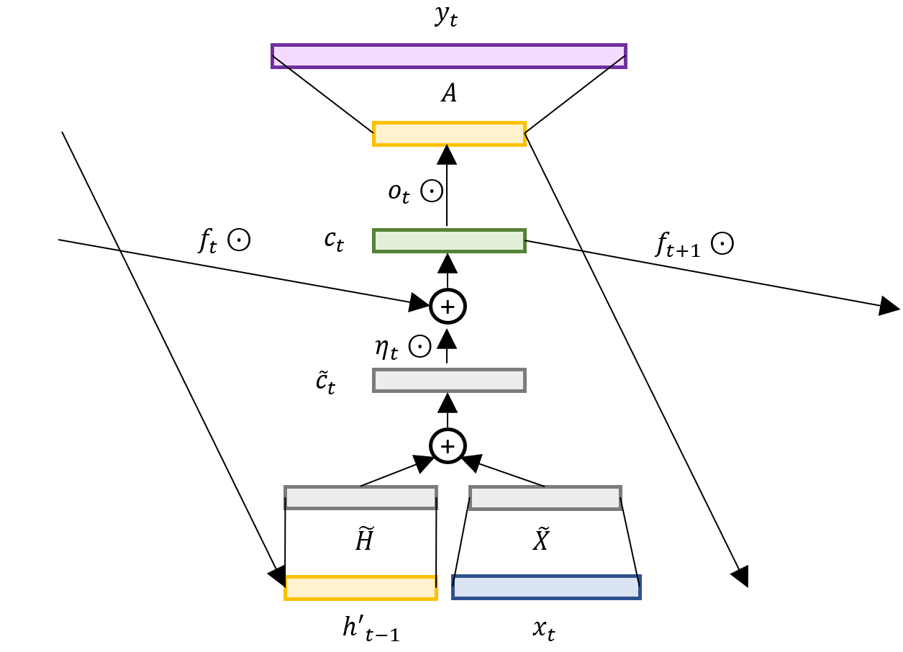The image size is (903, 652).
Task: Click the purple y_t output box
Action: click(448, 56)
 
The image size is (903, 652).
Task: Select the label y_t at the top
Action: click(446, 17)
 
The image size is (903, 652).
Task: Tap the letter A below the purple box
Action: click(448, 94)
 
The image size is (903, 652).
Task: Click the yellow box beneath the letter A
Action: click(449, 135)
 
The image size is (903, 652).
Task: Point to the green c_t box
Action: click(449, 240)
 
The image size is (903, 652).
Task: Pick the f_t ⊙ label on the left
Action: click(223, 241)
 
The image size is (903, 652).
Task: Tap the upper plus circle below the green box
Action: click(448, 307)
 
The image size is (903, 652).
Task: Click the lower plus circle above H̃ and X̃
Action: click(448, 447)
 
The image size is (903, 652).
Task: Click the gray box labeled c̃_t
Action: click(449, 380)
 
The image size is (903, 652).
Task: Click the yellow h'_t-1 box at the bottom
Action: click(360, 588)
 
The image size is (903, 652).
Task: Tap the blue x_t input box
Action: click(546, 587)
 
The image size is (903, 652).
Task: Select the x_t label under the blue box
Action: click(543, 631)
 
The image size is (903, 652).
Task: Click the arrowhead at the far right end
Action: click(890, 307)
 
